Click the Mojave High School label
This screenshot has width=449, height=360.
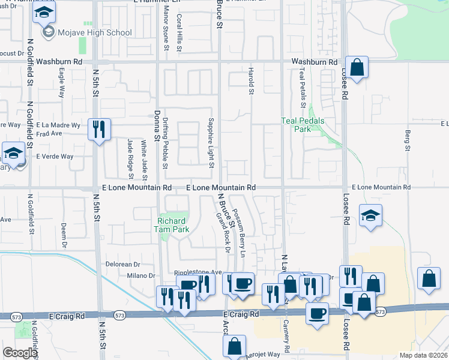94,32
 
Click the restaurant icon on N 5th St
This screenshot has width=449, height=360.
98,129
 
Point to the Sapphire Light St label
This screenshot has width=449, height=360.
211,142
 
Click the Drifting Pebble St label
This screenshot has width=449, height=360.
166,142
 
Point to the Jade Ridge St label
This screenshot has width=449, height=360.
130,158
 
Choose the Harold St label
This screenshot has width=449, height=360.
251,81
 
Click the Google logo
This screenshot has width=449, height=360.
20,353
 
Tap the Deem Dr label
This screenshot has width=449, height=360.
63,236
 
